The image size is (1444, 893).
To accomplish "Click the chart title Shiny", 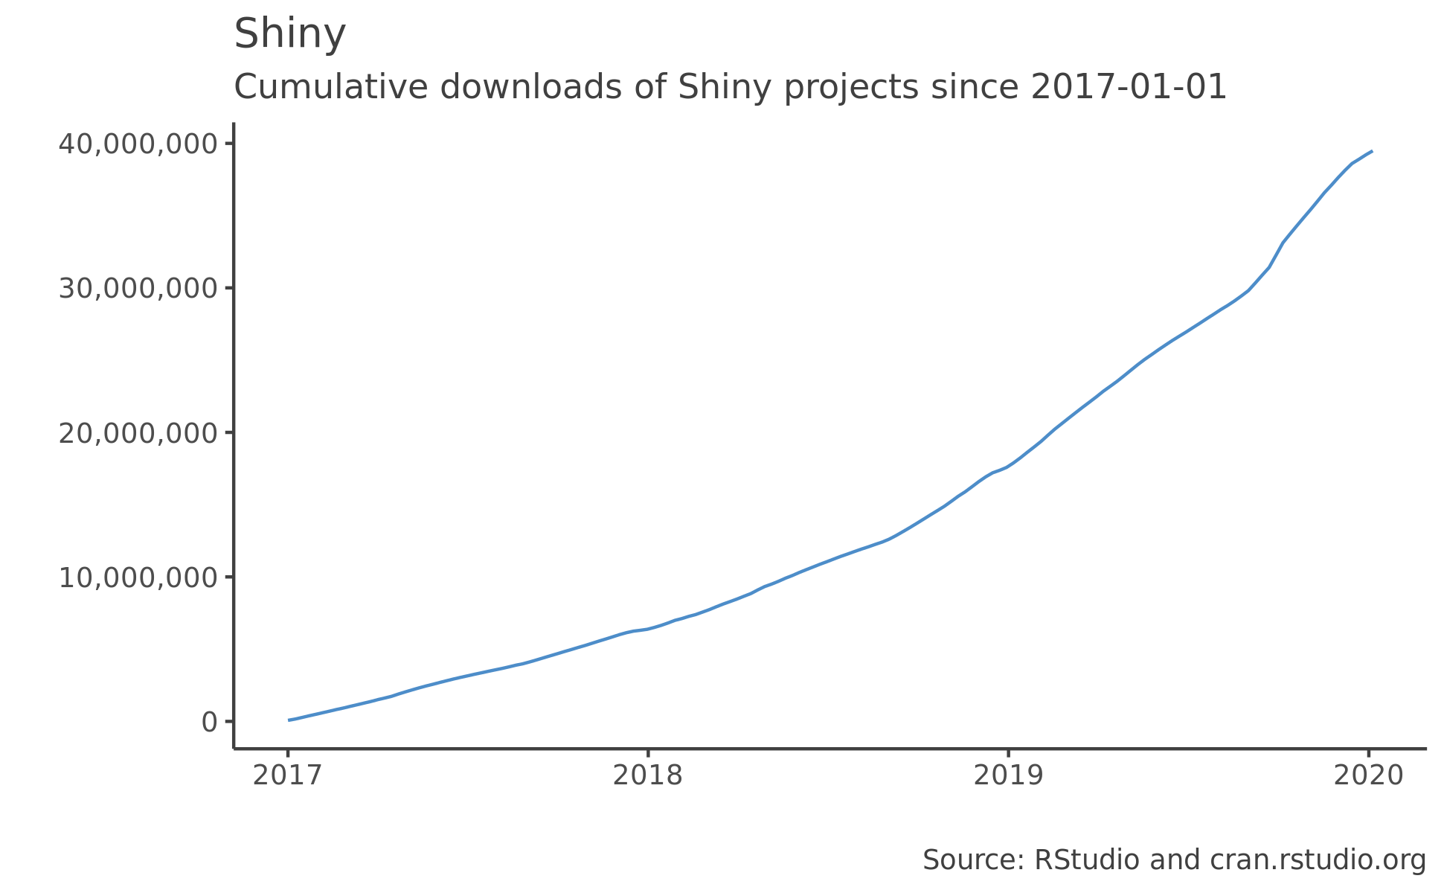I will (289, 34).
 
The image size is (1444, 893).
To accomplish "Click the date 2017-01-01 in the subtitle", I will (1128, 87).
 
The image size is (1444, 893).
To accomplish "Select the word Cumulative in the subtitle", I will (331, 87).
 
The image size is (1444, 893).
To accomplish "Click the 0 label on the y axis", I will (209, 722).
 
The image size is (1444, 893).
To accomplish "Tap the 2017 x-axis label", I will (287, 776).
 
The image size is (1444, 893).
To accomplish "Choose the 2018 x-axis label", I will (647, 776).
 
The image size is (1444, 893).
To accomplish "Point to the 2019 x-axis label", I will (1008, 776).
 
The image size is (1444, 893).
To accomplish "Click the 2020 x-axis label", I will (1368, 776).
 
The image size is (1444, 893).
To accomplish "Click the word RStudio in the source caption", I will (1087, 860).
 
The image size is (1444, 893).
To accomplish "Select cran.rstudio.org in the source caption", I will (1318, 860).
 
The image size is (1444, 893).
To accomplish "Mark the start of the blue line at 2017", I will (289, 720).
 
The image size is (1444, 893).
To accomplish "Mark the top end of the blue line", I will (1371, 151).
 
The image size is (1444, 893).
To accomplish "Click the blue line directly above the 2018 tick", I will (648, 629).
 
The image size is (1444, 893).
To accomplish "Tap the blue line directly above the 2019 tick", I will (1008, 467).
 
